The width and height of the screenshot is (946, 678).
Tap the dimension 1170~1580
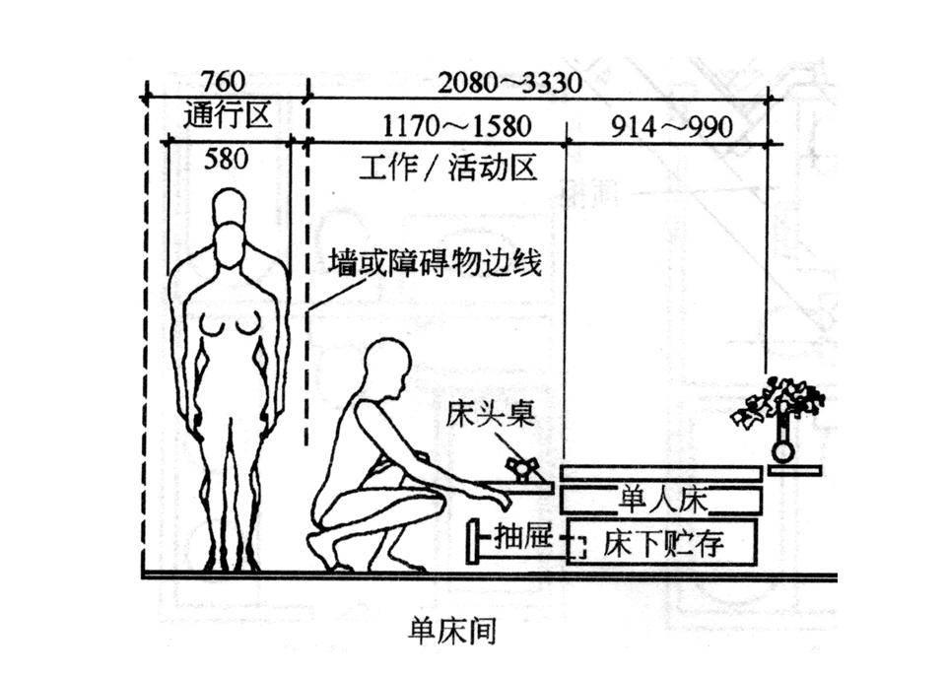click(456, 126)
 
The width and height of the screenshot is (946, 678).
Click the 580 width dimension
click(226, 159)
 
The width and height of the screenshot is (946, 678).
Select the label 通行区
click(227, 116)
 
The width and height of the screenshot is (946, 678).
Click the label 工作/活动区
click(448, 168)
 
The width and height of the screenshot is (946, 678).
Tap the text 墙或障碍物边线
click(437, 263)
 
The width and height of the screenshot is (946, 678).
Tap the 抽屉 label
click(519, 539)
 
